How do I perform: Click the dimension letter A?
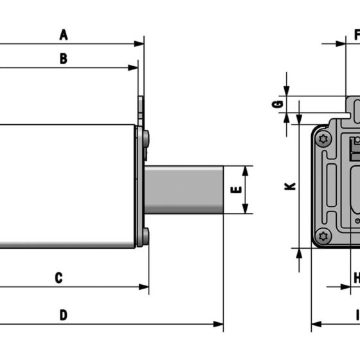click(x=64, y=35)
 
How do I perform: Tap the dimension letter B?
click(x=64, y=59)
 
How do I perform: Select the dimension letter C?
click(x=59, y=278)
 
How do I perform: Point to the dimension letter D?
click(x=64, y=315)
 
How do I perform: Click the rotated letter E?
click(x=236, y=190)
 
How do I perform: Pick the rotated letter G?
click(x=277, y=104)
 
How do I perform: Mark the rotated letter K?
click(x=290, y=186)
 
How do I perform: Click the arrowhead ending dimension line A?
click(x=139, y=44)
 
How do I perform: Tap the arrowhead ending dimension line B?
click(x=133, y=67)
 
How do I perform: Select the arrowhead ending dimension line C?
click(x=144, y=287)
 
